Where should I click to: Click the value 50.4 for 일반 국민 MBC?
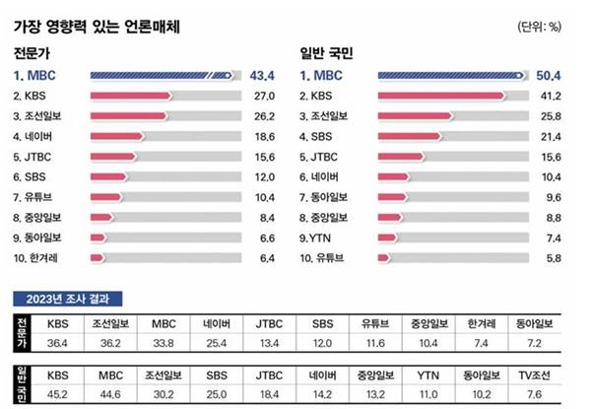[x=547, y=74]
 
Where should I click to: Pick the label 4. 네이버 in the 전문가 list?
[x=35, y=136]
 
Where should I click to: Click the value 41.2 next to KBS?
[x=547, y=95]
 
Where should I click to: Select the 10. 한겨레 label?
[x=37, y=258]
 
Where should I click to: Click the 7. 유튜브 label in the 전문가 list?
[x=35, y=197]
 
